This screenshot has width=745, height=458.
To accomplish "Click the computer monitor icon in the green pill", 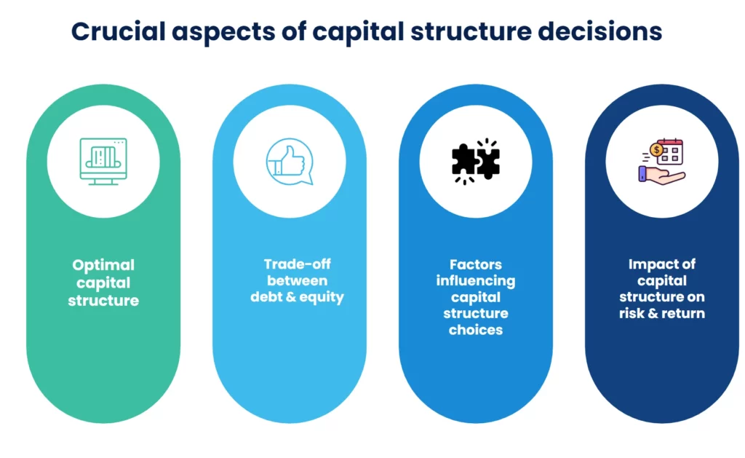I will [x=103, y=161].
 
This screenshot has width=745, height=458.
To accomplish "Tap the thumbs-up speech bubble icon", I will [x=289, y=161].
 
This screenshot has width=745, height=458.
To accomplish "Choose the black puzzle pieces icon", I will [x=475, y=161].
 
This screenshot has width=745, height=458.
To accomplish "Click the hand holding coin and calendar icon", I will [x=661, y=162].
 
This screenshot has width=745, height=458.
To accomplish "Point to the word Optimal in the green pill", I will [x=103, y=265].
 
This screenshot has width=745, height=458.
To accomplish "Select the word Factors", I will [x=475, y=264].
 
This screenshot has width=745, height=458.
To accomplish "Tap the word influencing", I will [x=475, y=281].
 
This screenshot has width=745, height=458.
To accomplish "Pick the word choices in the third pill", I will [x=475, y=330].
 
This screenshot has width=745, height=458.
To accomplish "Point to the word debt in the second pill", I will [x=268, y=297].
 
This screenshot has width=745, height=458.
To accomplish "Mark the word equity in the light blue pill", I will [x=322, y=297].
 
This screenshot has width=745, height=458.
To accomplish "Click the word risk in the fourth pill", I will [x=632, y=314].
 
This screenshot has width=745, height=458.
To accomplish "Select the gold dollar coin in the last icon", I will [x=656, y=150].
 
